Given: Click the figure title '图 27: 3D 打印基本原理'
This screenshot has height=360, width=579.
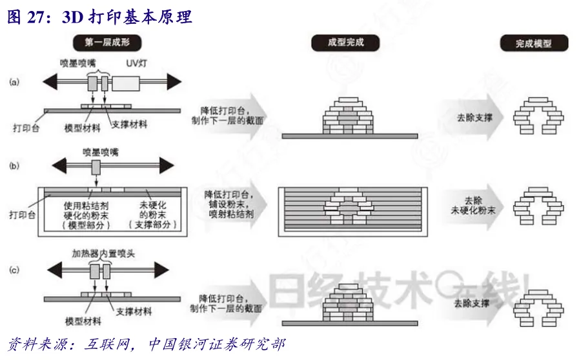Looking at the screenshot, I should (x=100, y=17).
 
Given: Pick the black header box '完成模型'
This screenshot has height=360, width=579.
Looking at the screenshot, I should (x=533, y=44).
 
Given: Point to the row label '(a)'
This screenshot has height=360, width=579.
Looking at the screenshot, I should (x=14, y=82).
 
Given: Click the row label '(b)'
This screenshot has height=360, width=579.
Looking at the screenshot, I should (x=14, y=166).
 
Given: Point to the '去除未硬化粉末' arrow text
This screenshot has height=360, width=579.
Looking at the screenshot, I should (x=473, y=204).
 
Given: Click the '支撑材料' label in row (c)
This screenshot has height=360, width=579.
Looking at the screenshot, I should (x=134, y=312).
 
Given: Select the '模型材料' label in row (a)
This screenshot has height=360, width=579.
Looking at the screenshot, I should (x=83, y=128).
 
